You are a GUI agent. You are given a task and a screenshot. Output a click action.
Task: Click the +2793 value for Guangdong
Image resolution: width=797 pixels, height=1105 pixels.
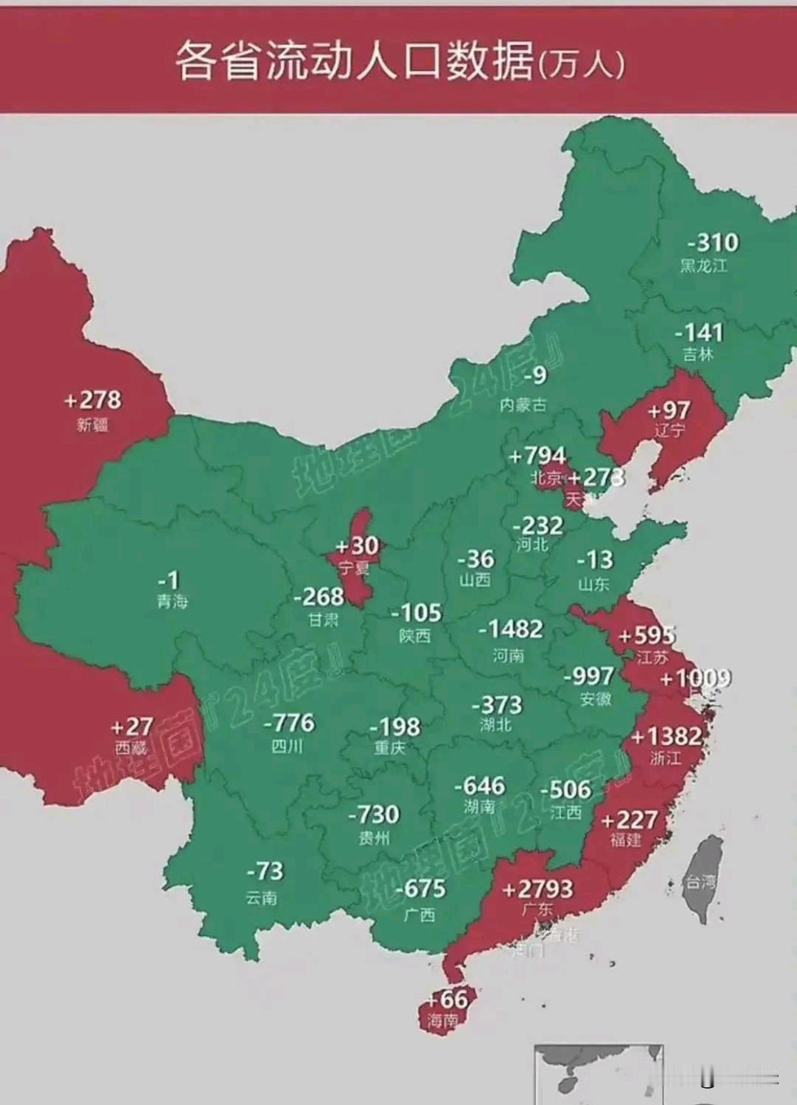(538, 889)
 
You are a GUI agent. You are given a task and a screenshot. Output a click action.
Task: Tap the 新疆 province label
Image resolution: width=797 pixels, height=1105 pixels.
(92, 424)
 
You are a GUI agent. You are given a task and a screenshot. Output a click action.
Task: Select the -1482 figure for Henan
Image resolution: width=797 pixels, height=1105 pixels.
(510, 629)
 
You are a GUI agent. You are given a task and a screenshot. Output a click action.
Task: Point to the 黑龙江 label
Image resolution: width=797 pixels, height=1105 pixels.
(703, 265)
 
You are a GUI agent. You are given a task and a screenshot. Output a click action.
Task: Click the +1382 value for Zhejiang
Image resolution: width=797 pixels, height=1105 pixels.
(667, 736)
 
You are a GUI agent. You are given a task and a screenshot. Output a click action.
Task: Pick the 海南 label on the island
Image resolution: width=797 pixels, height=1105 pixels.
(442, 1020)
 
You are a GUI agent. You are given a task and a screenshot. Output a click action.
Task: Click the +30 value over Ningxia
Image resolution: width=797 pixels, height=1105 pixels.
(357, 546)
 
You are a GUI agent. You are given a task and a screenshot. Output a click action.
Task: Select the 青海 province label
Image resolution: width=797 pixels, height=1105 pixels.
(172, 601)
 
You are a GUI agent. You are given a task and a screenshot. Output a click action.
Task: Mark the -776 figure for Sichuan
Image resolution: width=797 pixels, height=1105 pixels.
(289, 722)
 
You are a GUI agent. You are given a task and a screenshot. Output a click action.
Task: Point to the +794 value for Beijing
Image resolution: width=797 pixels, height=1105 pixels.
(537, 455)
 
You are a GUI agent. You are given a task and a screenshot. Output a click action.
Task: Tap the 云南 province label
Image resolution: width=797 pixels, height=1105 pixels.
(261, 897)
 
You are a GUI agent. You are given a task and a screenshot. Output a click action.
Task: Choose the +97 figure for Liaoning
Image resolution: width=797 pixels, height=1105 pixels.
(669, 411)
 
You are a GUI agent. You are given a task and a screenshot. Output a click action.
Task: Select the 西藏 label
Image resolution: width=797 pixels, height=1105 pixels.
(131, 748)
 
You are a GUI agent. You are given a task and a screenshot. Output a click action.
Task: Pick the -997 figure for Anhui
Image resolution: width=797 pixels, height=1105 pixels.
(589, 676)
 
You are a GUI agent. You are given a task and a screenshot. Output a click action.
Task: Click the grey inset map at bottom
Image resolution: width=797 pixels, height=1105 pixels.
(598, 1073)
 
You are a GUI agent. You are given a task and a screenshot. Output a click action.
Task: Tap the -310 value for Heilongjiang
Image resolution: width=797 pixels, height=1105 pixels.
(713, 242)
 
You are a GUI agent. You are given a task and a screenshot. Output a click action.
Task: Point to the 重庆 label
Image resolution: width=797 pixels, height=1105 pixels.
(390, 748)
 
